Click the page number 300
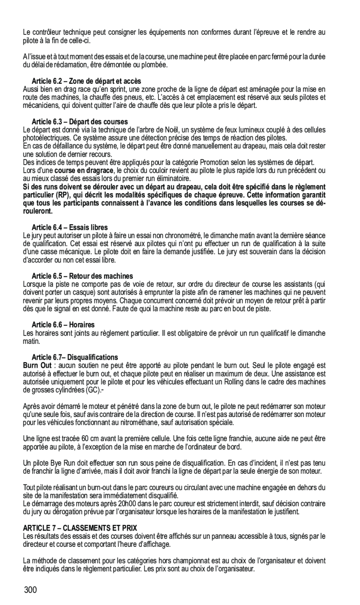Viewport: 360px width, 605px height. pyautogui.click(x=31, y=591)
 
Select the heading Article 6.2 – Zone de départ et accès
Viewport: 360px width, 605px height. pyautogui.click(x=86, y=81)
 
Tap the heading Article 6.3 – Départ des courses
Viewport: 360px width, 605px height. pyautogui.click(x=80, y=121)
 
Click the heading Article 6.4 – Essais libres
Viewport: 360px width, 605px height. pyautogui.click(x=69, y=228)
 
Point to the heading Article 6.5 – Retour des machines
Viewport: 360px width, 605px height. pyautogui.click(x=82, y=276)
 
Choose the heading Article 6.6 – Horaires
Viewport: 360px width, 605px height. pyautogui.click(x=63, y=324)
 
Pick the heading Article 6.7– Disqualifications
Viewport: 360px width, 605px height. pyautogui.click(x=75, y=357)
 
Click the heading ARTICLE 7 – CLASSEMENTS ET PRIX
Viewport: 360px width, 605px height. pyautogui.click(x=80, y=528)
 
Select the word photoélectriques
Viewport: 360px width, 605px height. pyautogui.click(x=46, y=138)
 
